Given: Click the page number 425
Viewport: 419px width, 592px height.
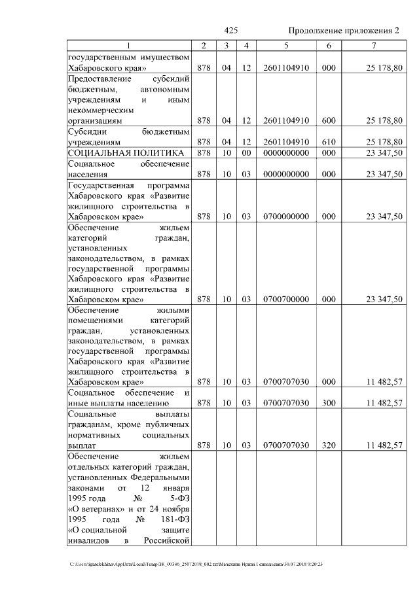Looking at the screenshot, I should [230, 31].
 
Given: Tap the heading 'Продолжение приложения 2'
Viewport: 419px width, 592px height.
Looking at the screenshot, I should [343, 31].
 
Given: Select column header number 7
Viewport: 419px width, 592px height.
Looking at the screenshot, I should [373, 45].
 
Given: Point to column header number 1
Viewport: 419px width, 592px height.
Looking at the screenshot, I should [129, 45].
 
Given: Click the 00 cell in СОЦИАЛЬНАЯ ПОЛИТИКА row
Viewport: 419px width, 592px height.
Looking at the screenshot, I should [246, 152].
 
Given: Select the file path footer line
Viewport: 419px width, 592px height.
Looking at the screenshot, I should [196, 564].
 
